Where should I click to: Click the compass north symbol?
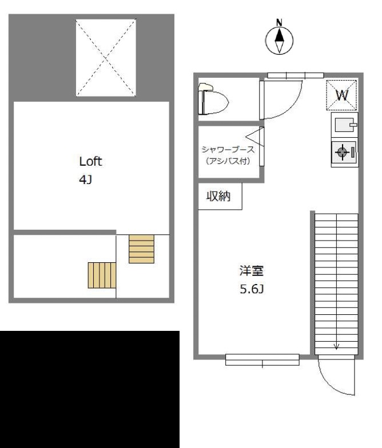(x=280, y=38)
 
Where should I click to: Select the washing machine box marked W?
(x=342, y=95)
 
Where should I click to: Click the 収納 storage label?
(x=219, y=196)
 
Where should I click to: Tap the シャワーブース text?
(x=228, y=150)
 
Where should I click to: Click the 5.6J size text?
(x=251, y=289)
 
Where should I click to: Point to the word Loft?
(x=91, y=162)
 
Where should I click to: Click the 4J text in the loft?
(x=85, y=180)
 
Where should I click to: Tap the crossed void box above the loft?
(x=106, y=57)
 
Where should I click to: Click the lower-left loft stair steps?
(x=102, y=275)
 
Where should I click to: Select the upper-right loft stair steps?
(x=141, y=249)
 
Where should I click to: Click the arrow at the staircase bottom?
(x=336, y=345)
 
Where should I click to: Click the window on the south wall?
(x=262, y=359)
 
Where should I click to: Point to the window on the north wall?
(x=296, y=75)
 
